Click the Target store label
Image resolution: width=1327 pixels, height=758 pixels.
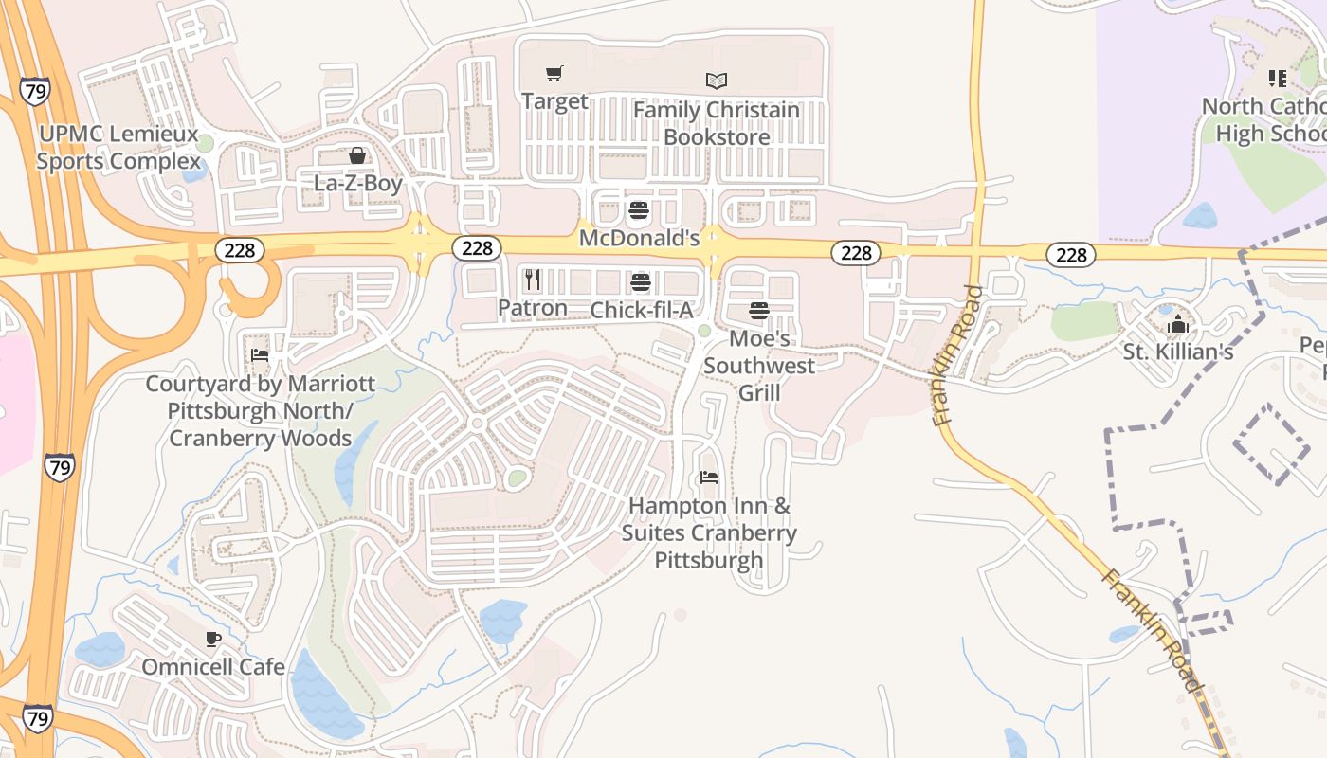554,101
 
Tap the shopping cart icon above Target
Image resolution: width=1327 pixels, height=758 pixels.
554,73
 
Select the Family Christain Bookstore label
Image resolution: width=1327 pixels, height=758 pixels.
717,123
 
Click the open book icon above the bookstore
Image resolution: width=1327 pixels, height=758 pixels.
717,81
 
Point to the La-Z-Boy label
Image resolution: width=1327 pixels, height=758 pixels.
358,183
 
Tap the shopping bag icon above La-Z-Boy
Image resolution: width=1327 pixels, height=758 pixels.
357,155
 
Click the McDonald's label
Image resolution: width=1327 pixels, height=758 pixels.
639,238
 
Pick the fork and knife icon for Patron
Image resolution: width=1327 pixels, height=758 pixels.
533,280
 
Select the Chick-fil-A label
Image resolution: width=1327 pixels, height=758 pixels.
642,310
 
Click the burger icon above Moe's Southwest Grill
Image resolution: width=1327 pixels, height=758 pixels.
758,311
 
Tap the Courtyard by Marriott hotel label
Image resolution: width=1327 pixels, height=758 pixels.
260,411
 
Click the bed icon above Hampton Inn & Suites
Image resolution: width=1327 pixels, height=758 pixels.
708,478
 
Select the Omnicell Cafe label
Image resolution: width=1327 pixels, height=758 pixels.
213,667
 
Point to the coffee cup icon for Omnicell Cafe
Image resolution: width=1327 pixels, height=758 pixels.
213,640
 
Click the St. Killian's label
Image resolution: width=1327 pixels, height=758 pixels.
1178,352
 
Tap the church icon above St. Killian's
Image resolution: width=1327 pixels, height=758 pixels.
1178,325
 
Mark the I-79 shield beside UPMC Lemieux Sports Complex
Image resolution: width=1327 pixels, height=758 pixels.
34,92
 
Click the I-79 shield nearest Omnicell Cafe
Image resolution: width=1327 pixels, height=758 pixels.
37,717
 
